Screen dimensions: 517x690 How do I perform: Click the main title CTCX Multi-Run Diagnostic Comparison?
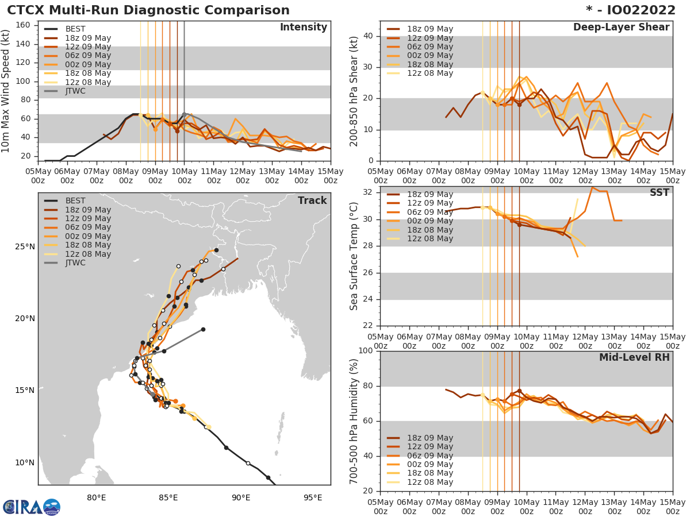[148, 10]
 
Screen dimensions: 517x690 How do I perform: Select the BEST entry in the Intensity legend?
[75, 29]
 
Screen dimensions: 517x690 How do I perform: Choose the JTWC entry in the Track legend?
[75, 263]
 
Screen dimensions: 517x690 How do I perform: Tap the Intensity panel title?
[303, 28]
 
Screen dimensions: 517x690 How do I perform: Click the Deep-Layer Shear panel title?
[621, 28]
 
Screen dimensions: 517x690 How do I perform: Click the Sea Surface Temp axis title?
[355, 256]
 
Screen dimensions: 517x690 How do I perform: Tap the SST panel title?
[659, 193]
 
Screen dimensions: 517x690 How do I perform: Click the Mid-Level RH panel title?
[634, 357]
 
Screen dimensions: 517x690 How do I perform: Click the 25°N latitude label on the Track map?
[25, 247]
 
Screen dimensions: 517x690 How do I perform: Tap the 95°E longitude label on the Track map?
[312, 497]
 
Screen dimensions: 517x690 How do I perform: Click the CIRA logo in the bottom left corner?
[32, 507]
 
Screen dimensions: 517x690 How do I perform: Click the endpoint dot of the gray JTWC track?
[203, 329]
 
